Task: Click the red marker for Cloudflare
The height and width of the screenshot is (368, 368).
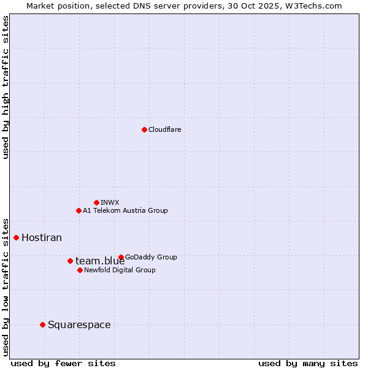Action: click(x=144, y=129)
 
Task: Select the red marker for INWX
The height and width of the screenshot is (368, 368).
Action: click(x=96, y=202)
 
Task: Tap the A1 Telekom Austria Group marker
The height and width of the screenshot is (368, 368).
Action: click(x=79, y=210)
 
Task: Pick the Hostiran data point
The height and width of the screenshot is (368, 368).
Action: click(x=16, y=237)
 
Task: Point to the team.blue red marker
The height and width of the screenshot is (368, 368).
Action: click(x=70, y=261)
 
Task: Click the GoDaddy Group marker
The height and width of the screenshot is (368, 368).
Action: click(x=121, y=257)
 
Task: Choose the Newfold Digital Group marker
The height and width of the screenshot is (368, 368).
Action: click(x=80, y=270)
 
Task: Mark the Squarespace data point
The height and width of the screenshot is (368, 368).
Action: click(x=42, y=324)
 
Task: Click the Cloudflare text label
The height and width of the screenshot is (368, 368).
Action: click(x=164, y=129)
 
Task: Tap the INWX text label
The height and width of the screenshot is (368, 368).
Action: click(x=110, y=202)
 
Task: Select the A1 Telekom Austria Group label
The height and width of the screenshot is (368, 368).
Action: click(x=125, y=210)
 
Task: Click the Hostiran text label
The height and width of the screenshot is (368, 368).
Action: click(x=42, y=237)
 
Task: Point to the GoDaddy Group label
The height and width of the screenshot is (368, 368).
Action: click(x=151, y=257)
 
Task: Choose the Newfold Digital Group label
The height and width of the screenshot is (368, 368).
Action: click(x=120, y=270)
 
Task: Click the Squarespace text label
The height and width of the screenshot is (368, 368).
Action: click(x=79, y=324)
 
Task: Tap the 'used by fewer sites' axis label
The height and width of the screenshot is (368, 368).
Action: click(x=63, y=363)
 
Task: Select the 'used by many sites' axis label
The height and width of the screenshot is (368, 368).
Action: click(x=308, y=363)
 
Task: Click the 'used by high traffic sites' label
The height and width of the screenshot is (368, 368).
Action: click(x=6, y=87)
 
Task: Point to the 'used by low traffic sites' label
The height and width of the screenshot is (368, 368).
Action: click(x=6, y=286)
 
